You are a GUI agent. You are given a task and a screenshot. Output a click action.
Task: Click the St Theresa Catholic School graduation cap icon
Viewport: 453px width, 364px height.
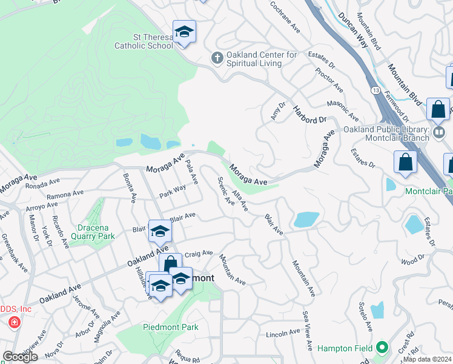coord(184,32)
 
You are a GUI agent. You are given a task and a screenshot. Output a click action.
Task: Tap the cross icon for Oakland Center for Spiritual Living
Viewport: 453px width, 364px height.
coord(217,58)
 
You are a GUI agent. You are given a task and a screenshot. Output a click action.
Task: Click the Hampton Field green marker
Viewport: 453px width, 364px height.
coord(382,348)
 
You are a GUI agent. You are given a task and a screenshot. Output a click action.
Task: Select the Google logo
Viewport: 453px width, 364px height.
coord(20,357)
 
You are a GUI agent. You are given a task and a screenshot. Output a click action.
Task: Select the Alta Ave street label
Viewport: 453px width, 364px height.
coord(240,201)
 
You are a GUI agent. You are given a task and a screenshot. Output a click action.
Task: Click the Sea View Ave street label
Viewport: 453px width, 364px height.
coord(308,331)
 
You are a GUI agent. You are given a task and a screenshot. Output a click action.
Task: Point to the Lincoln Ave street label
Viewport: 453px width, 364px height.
coord(283,333)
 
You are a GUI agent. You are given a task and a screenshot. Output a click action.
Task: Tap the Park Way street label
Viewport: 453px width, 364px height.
coord(173,191)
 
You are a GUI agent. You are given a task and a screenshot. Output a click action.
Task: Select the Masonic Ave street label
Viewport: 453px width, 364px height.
coord(343,111)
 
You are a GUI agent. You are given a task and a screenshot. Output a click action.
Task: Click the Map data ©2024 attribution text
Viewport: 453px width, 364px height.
coord(428,359)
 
